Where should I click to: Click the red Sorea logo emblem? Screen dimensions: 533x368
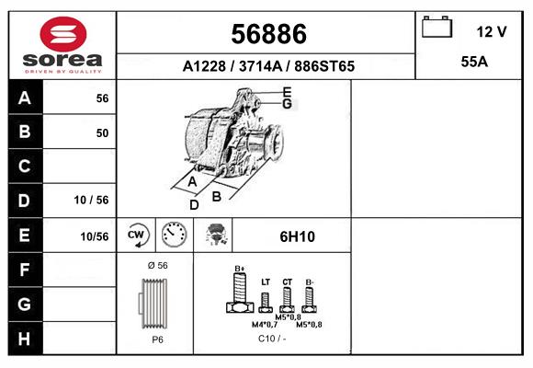[63, 34]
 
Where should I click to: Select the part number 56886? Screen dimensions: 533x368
[268, 34]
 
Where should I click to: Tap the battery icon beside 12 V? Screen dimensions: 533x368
[437, 27]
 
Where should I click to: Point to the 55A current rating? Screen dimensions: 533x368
[474, 62]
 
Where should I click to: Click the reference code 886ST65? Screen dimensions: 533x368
[324, 66]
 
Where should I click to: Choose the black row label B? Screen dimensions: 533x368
[25, 132]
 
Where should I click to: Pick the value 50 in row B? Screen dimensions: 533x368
[102, 132]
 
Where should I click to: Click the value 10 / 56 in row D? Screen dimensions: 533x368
[92, 200]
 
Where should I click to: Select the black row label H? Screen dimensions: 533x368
[25, 339]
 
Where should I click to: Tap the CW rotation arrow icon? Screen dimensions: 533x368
[136, 235]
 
